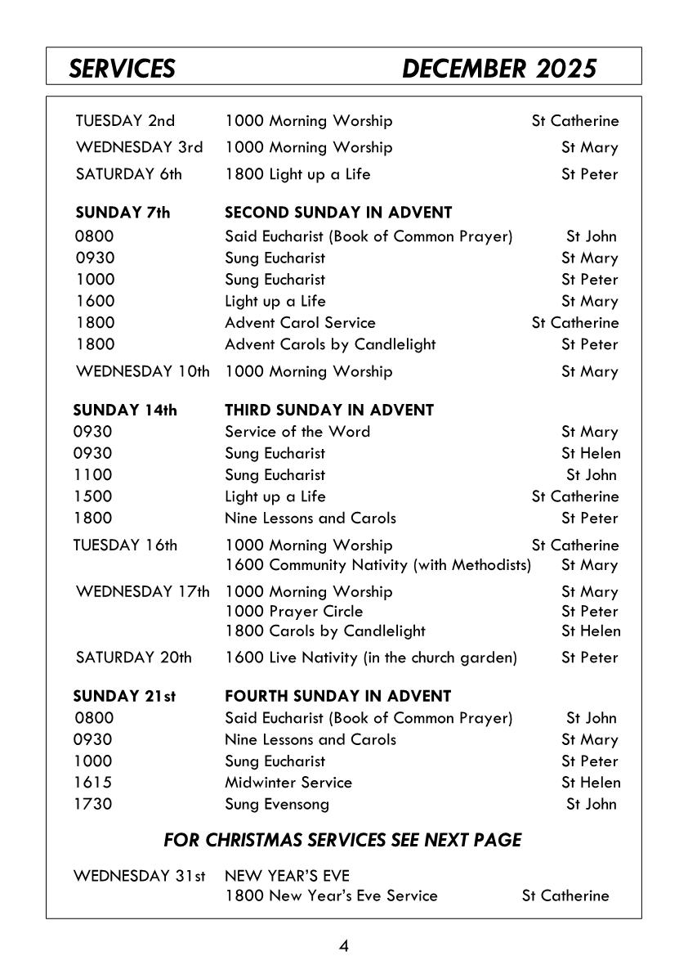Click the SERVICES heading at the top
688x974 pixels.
coord(122,69)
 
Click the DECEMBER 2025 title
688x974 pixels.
coord(499,69)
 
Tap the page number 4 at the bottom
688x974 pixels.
coord(344,946)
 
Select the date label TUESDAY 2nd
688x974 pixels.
coord(125,121)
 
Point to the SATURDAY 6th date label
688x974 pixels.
coord(129,174)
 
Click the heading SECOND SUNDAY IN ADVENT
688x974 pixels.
coord(338,213)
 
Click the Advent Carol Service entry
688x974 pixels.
coord(300,323)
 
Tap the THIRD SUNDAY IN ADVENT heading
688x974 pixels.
coord(329,410)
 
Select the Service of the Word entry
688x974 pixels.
coord(297,432)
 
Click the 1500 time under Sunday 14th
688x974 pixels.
coord(93,496)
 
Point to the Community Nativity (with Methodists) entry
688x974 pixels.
coord(378,565)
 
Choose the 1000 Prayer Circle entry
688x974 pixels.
coord(294,612)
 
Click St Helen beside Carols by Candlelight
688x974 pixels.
coord(591,631)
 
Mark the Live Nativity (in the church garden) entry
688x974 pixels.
coord(371,658)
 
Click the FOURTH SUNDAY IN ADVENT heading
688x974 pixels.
coord(337,697)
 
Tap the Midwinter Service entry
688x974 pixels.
coord(288,783)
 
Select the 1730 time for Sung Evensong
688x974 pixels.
coord(93,804)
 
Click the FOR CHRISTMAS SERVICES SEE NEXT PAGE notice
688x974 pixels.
coord(342,840)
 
